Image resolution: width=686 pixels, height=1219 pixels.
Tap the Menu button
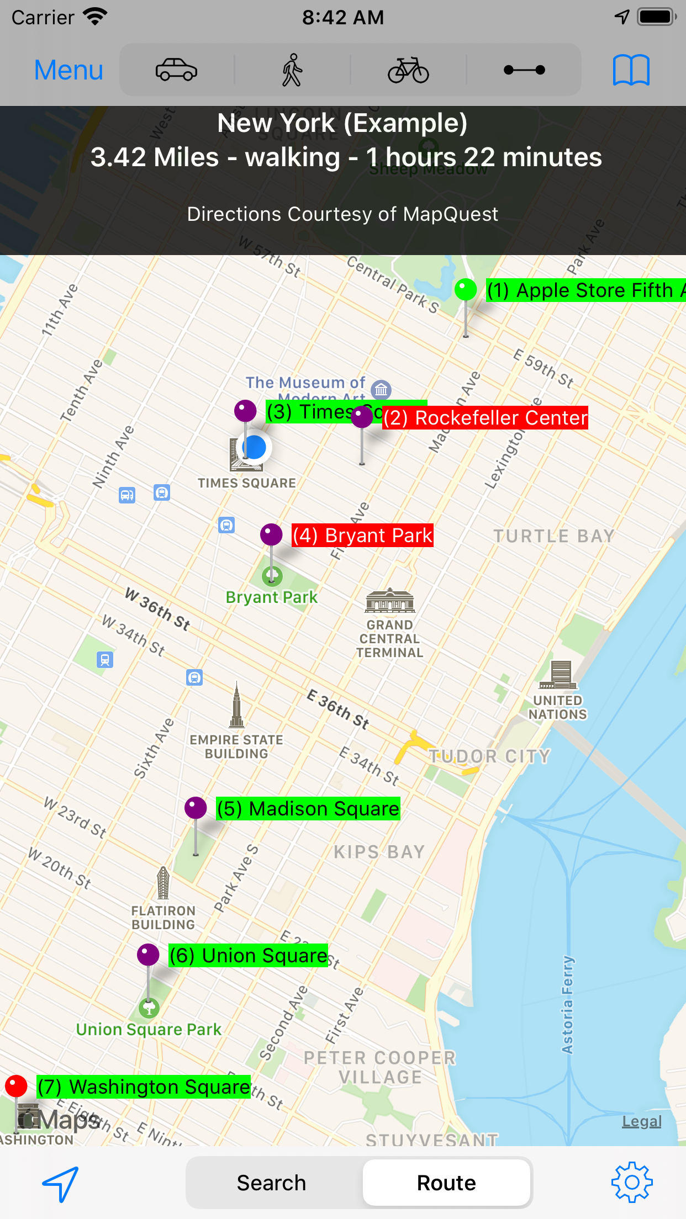68,70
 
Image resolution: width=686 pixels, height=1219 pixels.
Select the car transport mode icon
176,70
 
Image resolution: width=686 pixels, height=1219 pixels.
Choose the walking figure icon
292,70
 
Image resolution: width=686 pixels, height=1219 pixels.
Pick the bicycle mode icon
408,70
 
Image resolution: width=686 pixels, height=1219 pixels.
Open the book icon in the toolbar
631,70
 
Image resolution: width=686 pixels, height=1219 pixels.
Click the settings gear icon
631,1182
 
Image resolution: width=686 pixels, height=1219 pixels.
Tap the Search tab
271,1183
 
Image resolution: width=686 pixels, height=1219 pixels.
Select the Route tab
446,1183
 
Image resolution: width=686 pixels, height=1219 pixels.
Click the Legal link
641,1121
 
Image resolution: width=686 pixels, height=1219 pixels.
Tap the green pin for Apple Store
466,290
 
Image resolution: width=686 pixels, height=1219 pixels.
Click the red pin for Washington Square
16,1086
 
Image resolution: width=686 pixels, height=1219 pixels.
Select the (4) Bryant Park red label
362,536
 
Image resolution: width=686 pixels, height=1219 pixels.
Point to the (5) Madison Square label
308,809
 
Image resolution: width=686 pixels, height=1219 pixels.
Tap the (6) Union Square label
248,956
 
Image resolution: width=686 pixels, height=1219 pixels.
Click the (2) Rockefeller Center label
486,418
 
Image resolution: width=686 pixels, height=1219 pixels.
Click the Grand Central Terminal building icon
390,601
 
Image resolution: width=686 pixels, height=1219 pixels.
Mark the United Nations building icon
558,675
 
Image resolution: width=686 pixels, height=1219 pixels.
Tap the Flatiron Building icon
163,883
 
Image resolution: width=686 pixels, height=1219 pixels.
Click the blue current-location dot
255,447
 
